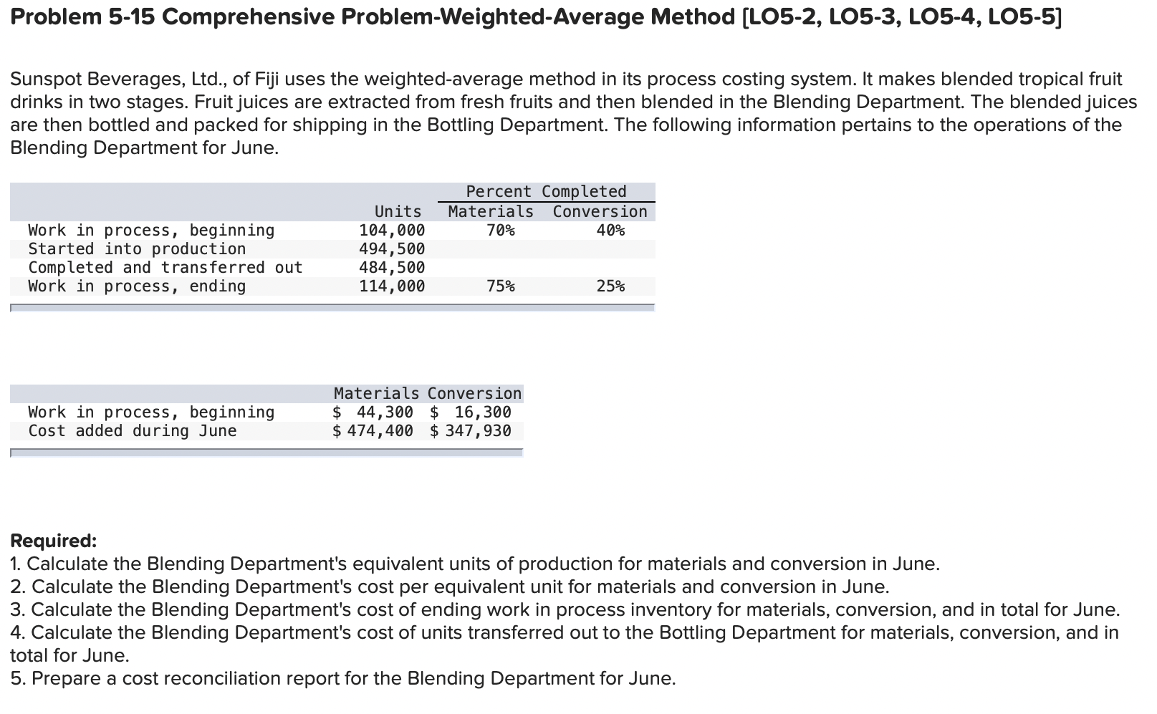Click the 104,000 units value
pos(392,231)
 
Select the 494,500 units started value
pos(392,249)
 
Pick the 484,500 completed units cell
pos(392,268)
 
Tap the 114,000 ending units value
pos(392,286)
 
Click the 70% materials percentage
pos(500,231)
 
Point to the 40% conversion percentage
pos(610,231)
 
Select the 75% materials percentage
pos(500,286)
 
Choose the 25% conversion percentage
pos(610,286)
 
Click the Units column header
pos(398,212)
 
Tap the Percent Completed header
pos(546,192)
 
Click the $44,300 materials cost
pos(373,413)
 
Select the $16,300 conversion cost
pos(471,413)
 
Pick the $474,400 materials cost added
pos(373,431)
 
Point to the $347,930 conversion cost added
pos(471,431)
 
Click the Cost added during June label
pos(133,431)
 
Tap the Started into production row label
pos(137,249)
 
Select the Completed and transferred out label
pos(165,268)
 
